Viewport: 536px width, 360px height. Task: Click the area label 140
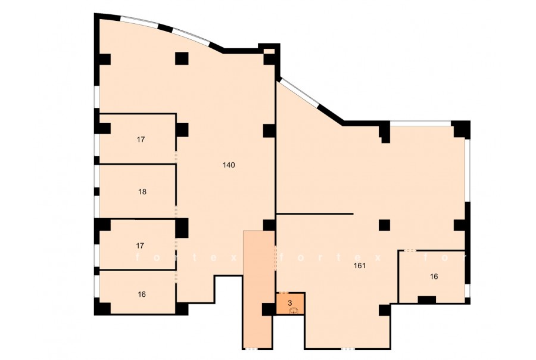pos(229,165)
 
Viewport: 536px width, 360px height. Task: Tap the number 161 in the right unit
pos(360,265)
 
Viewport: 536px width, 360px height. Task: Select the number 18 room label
pos(142,192)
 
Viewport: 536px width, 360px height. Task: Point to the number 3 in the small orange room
pos(290,303)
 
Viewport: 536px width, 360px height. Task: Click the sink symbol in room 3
pos(294,311)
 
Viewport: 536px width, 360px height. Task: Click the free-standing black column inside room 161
pos(384,225)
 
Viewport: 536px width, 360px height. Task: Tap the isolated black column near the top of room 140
pos(182,58)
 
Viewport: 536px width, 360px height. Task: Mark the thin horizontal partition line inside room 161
pos(314,214)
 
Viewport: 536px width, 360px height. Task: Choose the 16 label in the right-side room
pos(434,277)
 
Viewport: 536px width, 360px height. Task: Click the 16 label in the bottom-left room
pos(142,294)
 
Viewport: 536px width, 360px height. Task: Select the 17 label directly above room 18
pos(141,139)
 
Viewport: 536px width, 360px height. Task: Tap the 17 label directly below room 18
pos(140,246)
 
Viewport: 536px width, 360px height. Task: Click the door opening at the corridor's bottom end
pos(251,348)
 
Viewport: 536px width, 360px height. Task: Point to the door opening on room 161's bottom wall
pos(348,348)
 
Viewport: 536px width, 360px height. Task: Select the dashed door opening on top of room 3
pos(283,293)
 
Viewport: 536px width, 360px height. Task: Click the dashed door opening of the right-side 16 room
pos(410,251)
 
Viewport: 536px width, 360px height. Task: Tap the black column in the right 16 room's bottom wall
pos(426,300)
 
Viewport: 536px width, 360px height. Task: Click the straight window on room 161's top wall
pos(420,123)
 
